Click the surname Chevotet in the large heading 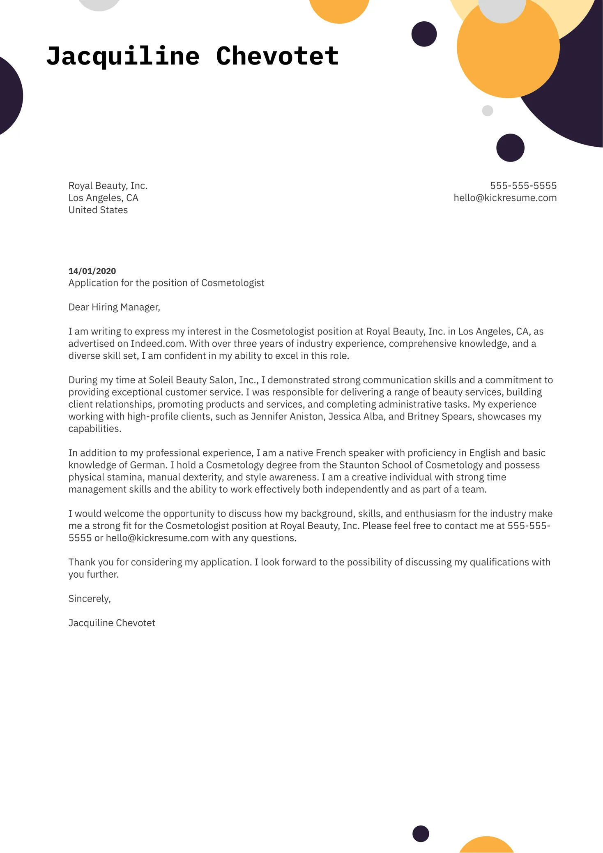point(277,56)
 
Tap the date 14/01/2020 point(92,271)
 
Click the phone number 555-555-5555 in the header point(523,186)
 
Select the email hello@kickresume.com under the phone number point(505,198)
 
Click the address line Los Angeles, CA point(103,198)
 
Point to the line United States point(98,210)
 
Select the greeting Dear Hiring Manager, point(114,307)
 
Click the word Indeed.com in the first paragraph point(157,344)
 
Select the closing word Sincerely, point(90,599)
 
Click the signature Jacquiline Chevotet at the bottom point(112,623)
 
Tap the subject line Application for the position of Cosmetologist point(166,283)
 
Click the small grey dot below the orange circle point(487,111)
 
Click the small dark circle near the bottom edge point(421,834)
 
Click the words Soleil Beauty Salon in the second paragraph point(192,380)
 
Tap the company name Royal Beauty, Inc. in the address point(108,186)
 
